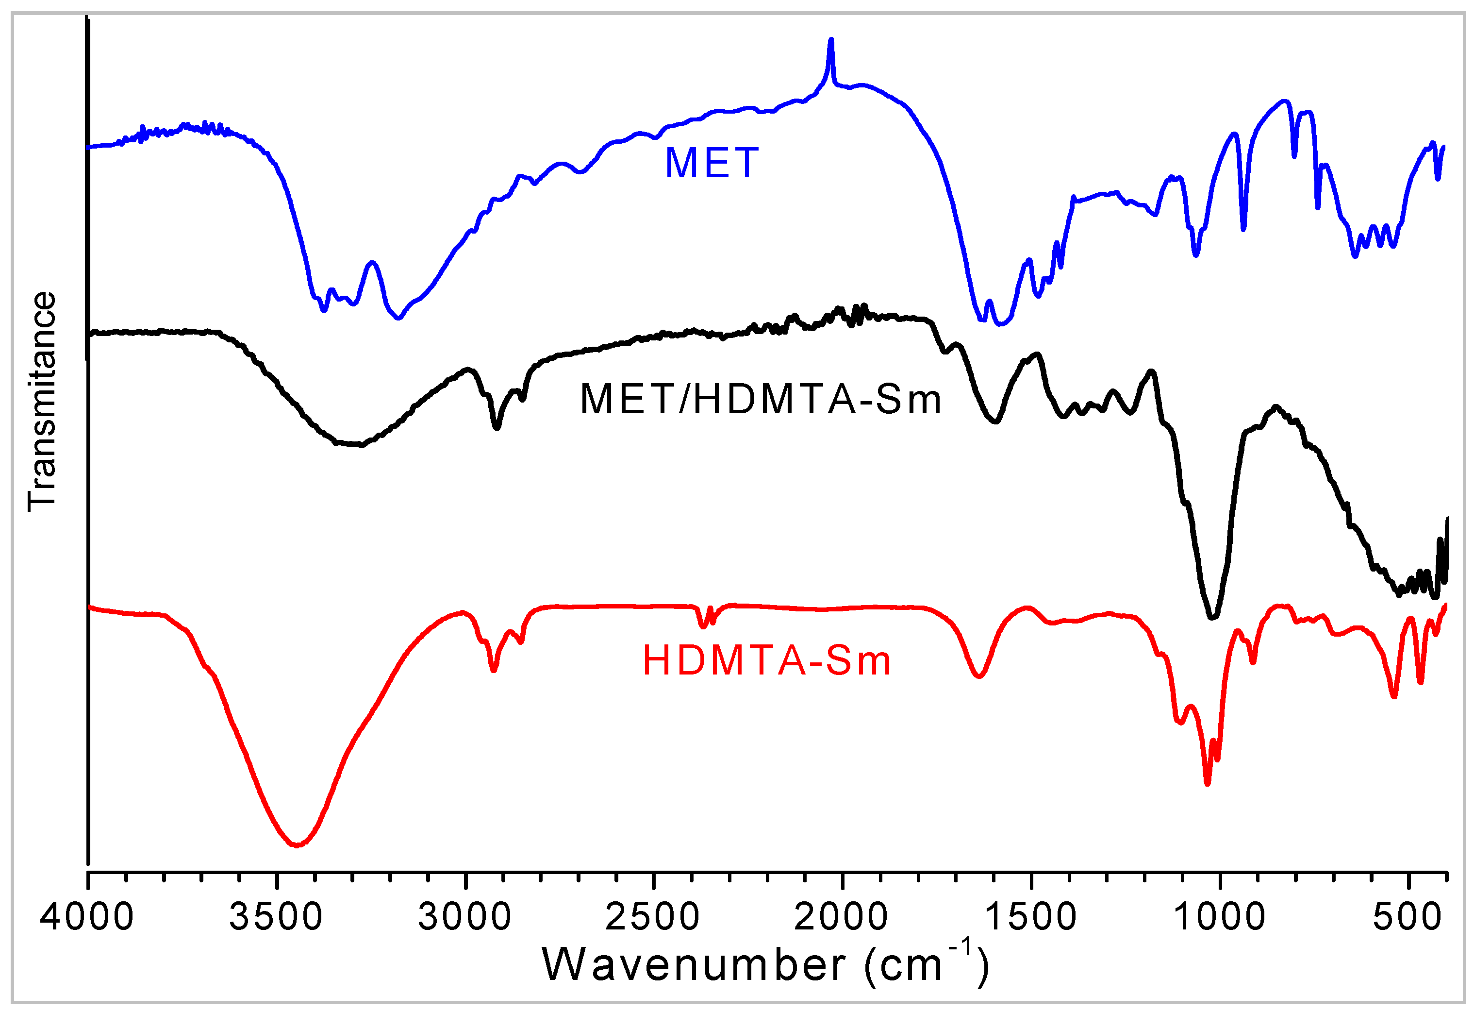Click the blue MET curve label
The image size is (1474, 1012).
711,163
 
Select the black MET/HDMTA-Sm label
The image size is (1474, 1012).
761,400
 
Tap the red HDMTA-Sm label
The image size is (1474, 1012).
767,660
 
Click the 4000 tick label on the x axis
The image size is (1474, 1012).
87,917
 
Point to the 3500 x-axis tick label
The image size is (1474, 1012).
276,917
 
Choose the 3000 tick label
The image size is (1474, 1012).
465,917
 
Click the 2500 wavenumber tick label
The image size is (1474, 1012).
653,917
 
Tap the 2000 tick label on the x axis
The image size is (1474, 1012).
841,917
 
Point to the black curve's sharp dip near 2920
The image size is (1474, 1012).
497,427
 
